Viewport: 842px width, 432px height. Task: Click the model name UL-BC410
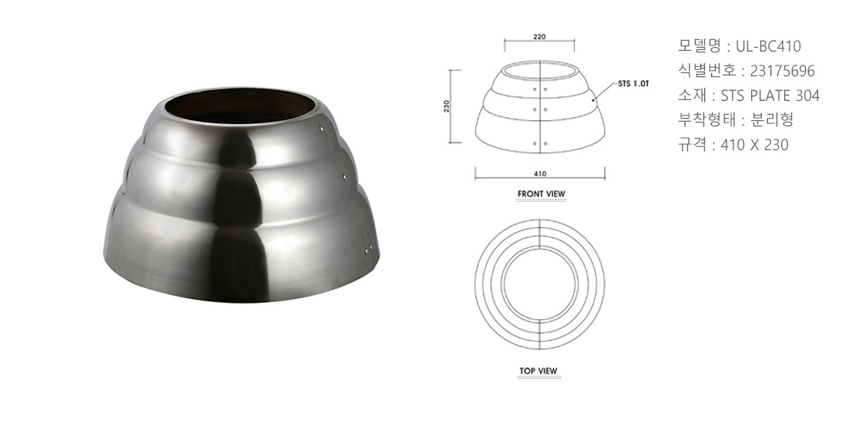(x=768, y=46)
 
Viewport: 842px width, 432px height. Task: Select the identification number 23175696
(x=783, y=71)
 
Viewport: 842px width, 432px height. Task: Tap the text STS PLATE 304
(x=770, y=95)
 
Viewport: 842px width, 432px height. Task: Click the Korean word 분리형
(x=772, y=119)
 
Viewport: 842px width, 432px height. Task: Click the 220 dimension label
(x=540, y=37)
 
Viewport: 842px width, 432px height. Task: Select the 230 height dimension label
(x=446, y=106)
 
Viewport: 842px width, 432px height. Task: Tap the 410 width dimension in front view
(x=540, y=174)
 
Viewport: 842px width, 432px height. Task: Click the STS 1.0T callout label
(x=634, y=84)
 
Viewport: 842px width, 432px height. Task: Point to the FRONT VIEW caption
(x=542, y=194)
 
